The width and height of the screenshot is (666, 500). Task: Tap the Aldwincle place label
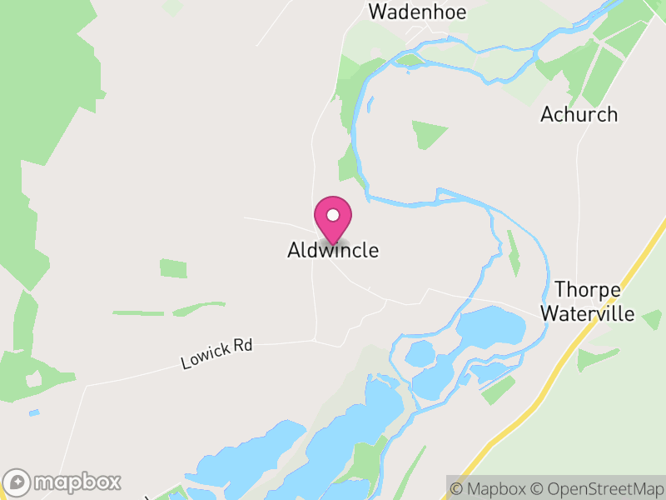333,250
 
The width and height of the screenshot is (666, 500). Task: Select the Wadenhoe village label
417,12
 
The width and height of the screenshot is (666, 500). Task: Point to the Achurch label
579,114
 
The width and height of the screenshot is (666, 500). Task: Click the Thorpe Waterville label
588,302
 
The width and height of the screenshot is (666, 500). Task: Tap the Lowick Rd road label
216,354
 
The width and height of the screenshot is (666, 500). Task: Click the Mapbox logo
63,482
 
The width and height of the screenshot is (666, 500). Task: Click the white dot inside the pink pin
333,215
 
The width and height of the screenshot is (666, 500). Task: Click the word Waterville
588,314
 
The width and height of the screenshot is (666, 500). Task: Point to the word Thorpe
588,290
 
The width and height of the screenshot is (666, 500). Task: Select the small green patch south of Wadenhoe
428,133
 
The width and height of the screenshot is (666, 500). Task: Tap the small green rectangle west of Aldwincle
174,268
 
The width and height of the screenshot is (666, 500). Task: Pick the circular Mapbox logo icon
18,482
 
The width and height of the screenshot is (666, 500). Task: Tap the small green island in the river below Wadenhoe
409,59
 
